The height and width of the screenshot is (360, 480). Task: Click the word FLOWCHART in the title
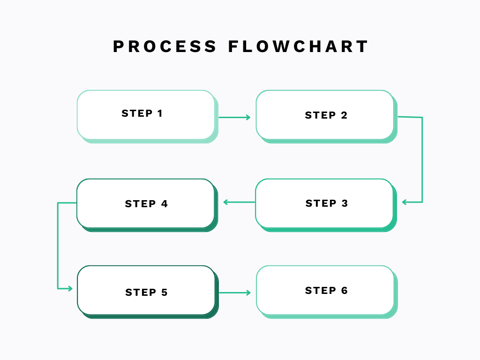tap(299, 46)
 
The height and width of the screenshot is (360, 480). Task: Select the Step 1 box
tap(146, 115)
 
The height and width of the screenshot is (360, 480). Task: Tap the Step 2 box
tap(325, 115)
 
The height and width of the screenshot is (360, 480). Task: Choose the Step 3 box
tap(324, 203)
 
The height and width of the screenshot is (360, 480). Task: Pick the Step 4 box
tap(145, 203)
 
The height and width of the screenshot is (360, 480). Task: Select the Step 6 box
tap(325, 291)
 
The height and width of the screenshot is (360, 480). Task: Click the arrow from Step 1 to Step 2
tap(234, 117)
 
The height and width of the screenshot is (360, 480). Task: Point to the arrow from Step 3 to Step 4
tap(239, 202)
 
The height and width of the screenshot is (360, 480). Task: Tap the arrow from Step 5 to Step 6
tap(234, 293)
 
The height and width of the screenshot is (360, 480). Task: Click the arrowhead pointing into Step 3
tap(405, 202)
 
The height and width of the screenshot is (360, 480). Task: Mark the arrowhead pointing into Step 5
tap(70, 289)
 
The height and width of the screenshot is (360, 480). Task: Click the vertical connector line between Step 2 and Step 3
tap(422, 159)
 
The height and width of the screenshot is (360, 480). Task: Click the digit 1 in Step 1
tap(160, 113)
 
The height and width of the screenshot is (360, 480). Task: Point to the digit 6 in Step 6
tap(344, 291)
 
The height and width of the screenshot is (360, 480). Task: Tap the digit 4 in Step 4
tap(164, 204)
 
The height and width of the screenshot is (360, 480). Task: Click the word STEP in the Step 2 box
tap(320, 115)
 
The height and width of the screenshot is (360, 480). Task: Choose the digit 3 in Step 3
tap(345, 203)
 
